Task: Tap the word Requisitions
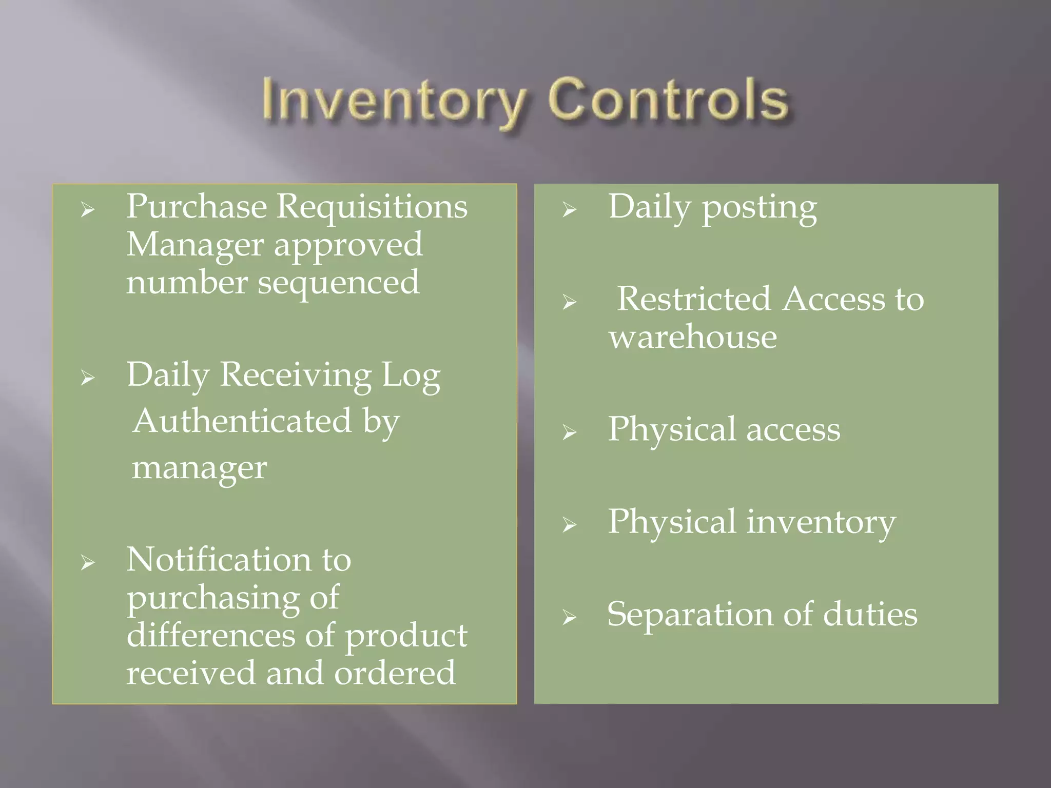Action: click(372, 206)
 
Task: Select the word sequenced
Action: click(338, 283)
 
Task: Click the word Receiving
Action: click(295, 375)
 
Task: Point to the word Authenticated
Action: click(242, 421)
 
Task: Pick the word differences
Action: click(211, 635)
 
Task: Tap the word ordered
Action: click(395, 673)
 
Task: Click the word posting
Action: click(759, 208)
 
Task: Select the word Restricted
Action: click(693, 299)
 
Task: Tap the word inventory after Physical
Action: click(821, 522)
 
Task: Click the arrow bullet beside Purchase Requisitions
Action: click(88, 210)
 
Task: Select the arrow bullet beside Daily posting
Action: click(569, 210)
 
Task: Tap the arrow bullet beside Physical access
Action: click(569, 432)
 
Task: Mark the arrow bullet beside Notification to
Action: click(88, 563)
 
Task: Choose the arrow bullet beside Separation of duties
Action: click(569, 617)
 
